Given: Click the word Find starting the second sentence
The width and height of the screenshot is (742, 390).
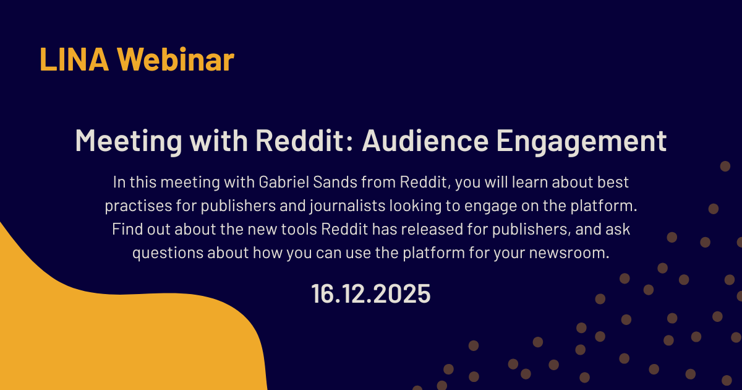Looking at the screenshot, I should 126,230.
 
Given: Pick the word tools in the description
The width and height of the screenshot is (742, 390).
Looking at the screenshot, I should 296,230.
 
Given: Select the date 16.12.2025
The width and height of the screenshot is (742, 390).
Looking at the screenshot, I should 371,294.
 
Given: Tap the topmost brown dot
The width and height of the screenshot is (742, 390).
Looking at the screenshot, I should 725,165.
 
